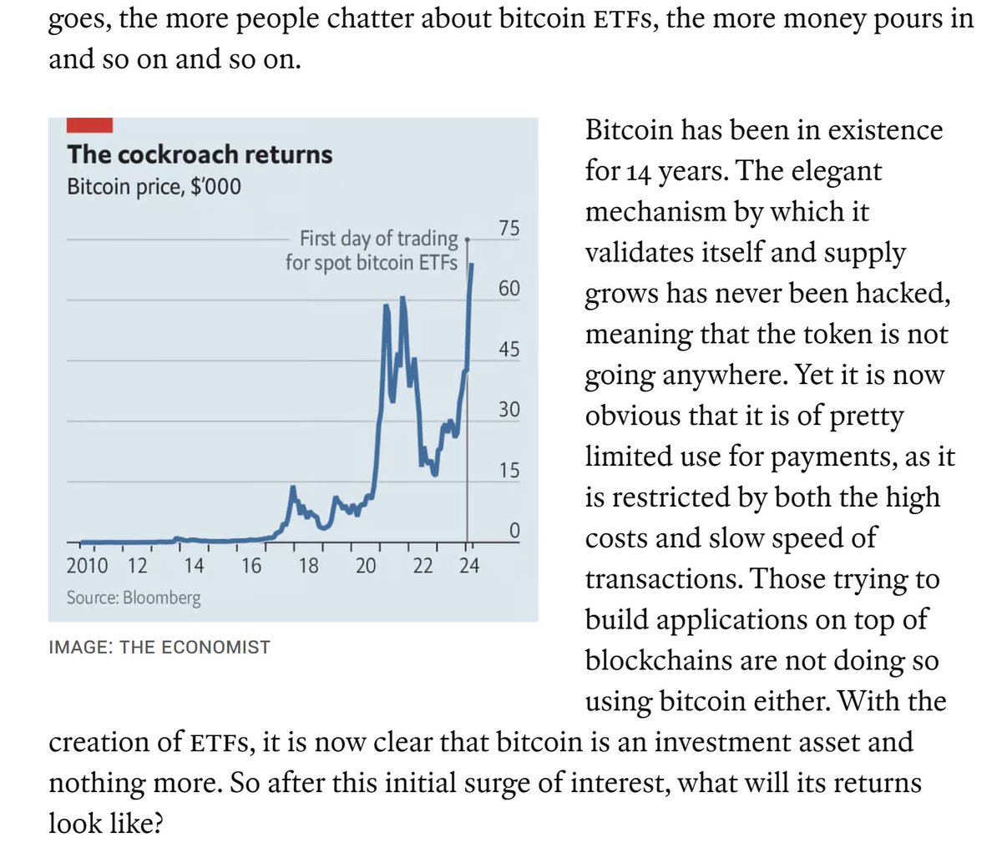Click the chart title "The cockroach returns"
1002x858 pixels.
(x=200, y=154)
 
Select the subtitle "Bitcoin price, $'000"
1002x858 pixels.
(x=154, y=186)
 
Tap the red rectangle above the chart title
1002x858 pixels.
(x=89, y=124)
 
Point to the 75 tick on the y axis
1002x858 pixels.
(x=509, y=228)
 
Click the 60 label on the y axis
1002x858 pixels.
(x=509, y=289)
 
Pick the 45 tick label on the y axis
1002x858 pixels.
(x=509, y=349)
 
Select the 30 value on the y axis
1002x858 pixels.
(x=509, y=410)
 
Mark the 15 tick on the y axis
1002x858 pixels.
(x=509, y=470)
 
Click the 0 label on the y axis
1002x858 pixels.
(x=514, y=531)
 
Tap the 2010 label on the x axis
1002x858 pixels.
(x=87, y=566)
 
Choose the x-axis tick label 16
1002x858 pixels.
(x=251, y=566)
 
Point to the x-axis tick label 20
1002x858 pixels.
(x=366, y=566)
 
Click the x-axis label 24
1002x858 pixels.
(x=469, y=566)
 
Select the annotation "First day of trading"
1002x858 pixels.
(x=378, y=239)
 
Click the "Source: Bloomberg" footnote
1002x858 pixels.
(x=134, y=598)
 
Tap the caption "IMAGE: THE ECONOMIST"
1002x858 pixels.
(x=159, y=647)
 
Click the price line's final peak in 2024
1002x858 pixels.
(x=473, y=265)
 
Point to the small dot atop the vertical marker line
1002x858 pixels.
(x=468, y=239)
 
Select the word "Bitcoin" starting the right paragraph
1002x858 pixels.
(x=629, y=130)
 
